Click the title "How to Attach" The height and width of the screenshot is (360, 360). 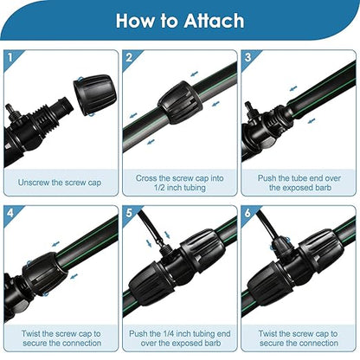(x=180, y=20)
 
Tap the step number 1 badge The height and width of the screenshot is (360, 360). (x=10, y=58)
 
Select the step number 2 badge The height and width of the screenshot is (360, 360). (x=130, y=58)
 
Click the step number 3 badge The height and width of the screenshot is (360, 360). (x=248, y=58)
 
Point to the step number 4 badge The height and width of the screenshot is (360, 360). (x=10, y=210)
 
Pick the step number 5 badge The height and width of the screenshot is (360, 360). (x=130, y=210)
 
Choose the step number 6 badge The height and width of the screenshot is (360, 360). (x=248, y=210)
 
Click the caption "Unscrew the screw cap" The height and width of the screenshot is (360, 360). (x=60, y=183)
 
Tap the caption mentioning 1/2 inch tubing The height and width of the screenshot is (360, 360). (x=179, y=183)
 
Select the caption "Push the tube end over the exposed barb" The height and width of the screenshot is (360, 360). (x=299, y=183)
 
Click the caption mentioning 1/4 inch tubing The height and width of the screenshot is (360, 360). (x=179, y=338)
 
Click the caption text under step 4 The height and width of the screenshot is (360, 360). (x=60, y=338)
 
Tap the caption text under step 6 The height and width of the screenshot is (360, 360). (x=299, y=338)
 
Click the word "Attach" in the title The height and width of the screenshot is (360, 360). (x=213, y=20)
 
